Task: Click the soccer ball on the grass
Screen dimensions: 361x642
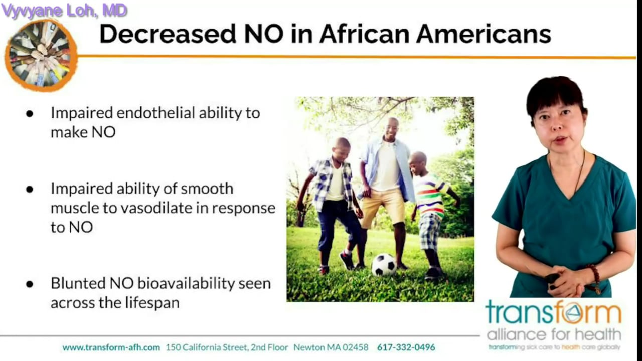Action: [384, 264]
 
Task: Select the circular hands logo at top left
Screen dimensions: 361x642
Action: [41, 55]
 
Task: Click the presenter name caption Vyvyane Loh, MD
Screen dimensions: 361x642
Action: [64, 10]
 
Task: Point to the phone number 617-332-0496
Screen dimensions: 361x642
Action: [406, 347]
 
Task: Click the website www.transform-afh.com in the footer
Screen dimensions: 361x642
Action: [111, 347]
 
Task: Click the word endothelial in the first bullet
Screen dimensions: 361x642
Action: [155, 113]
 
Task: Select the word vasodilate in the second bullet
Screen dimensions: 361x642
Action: [163, 208]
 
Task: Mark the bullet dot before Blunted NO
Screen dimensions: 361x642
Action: [30, 284]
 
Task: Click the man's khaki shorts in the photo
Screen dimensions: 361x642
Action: [382, 206]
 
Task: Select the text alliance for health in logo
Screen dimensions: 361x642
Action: [554, 334]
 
